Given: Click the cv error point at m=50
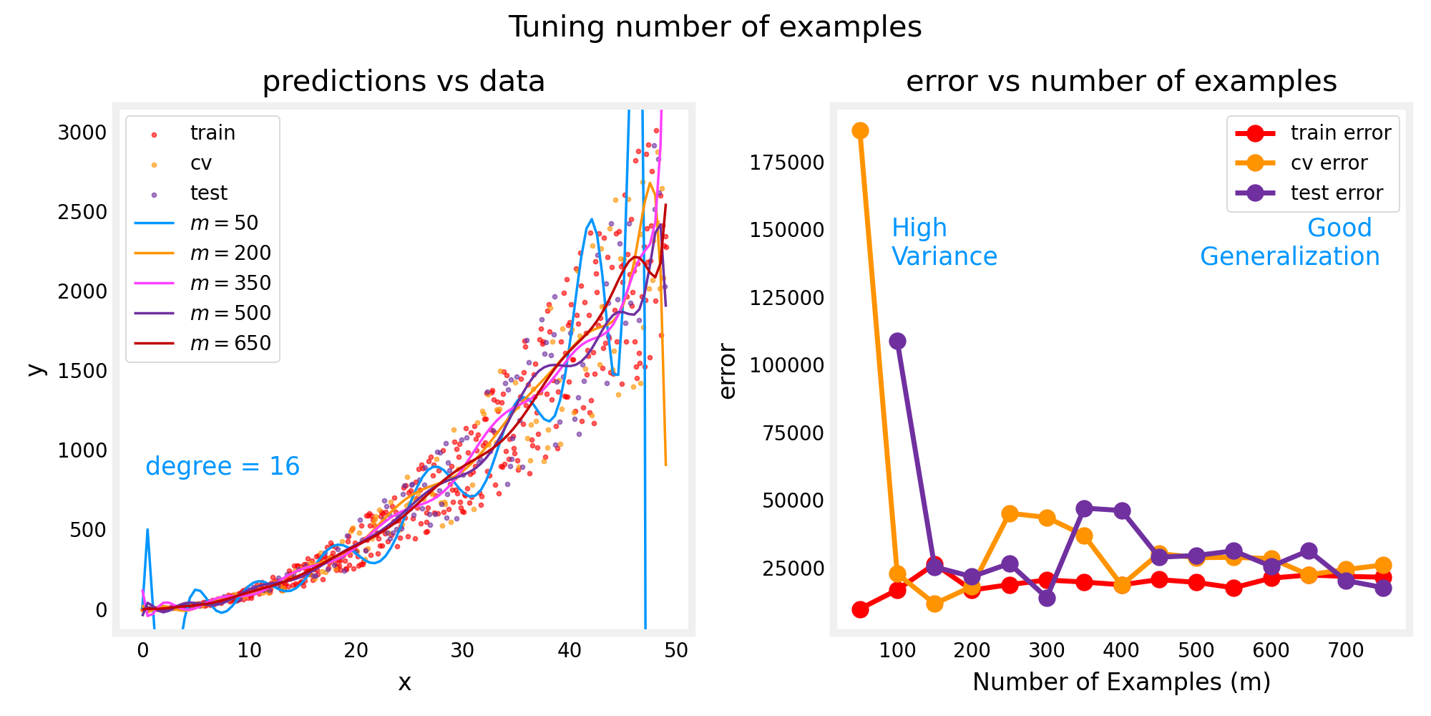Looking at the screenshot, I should coord(860,130).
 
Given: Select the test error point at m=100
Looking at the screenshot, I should coord(897,341).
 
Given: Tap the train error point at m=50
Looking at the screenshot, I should coord(860,609).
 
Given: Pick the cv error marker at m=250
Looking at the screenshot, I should coord(1010,513).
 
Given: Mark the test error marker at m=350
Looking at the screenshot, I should coord(1084,508).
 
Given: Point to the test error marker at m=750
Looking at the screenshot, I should coord(1383,588).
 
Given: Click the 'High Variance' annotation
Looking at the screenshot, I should coord(944,242).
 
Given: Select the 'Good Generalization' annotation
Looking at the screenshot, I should coord(1289,242).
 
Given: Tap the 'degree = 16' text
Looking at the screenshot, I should coord(223,466).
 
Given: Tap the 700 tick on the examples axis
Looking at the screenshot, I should coord(1346,650).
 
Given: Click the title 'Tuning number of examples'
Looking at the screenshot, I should coord(715,27).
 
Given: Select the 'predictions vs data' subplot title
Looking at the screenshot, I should coord(404,82).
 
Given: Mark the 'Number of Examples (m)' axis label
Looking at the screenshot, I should coord(1121,682).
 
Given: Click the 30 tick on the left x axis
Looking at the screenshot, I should coord(463,650).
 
